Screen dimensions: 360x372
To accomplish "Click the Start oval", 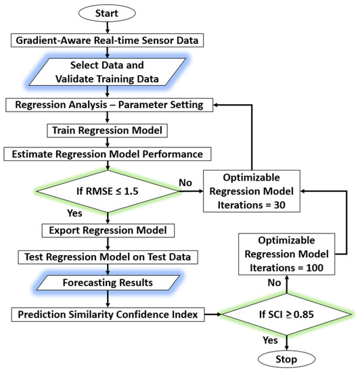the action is (x=107, y=14).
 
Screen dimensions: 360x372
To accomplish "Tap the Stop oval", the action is (x=286, y=359).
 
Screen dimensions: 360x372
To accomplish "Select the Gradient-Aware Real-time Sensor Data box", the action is (x=107, y=41).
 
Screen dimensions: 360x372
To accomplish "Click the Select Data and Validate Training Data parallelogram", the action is (x=107, y=72).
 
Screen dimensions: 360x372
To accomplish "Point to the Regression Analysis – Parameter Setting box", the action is (x=109, y=105).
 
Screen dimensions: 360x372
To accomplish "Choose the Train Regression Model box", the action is (x=108, y=131).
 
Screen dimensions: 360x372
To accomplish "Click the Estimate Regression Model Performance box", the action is (x=108, y=154).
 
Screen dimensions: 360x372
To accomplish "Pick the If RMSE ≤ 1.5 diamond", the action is (x=108, y=191).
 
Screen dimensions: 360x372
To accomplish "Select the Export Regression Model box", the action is (x=108, y=231).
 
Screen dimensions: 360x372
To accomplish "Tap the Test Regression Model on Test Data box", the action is (x=108, y=257).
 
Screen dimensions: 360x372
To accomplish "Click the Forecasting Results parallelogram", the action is (x=108, y=283).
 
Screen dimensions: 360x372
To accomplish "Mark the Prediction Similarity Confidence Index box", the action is (x=108, y=315).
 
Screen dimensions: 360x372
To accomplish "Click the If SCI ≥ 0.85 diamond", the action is (x=286, y=315).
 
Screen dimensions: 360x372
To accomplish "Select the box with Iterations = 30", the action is (x=252, y=191).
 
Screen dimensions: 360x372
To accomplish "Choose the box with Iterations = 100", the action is (x=286, y=254).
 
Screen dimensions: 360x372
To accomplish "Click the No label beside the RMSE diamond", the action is (x=185, y=183).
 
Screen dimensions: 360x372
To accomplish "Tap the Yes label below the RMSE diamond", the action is (x=74, y=213).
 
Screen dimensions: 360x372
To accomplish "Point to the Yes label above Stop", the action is (x=270, y=340).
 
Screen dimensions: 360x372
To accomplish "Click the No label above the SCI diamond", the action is (x=274, y=283).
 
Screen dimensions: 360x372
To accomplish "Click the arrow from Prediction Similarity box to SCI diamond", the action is (x=213, y=315).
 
